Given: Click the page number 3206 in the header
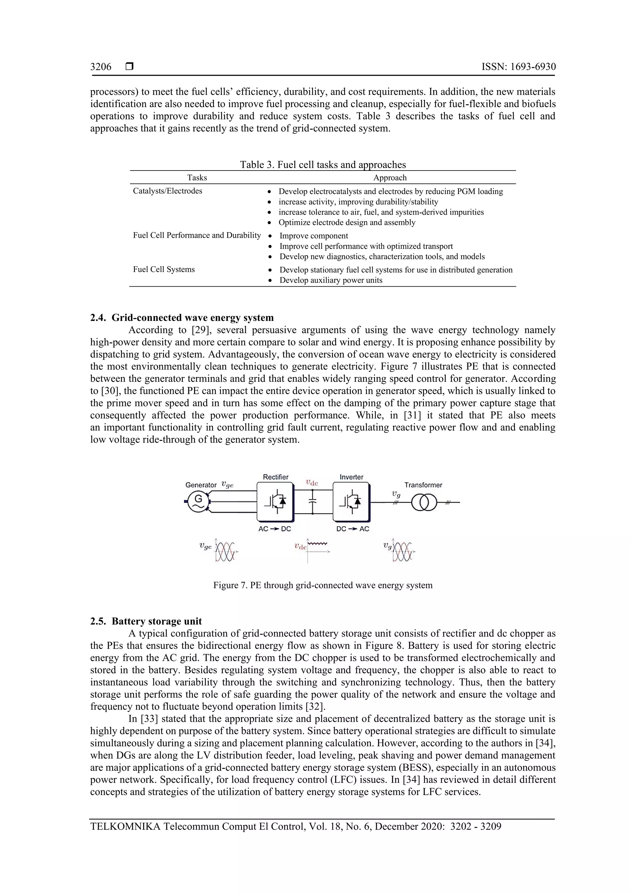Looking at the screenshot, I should [x=101, y=67].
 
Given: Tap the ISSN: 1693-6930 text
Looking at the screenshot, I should [x=518, y=67].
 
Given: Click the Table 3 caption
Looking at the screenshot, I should [x=323, y=164].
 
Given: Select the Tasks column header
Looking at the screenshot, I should [x=197, y=178].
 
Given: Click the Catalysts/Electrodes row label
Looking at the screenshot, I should [x=168, y=191].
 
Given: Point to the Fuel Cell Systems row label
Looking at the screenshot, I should [x=164, y=269].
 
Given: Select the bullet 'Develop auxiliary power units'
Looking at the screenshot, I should [x=331, y=280].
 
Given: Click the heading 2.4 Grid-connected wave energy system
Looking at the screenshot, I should [x=182, y=317].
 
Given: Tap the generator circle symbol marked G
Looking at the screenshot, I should [x=198, y=502].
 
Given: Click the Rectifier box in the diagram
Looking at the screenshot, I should [x=275, y=502].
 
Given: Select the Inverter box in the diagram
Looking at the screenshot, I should [x=351, y=502].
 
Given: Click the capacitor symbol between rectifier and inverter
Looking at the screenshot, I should [x=313, y=502].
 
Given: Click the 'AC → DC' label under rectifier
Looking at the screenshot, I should [x=275, y=529].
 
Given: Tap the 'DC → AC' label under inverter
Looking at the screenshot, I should [x=353, y=529].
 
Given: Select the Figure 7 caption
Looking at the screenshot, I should [x=323, y=585].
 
